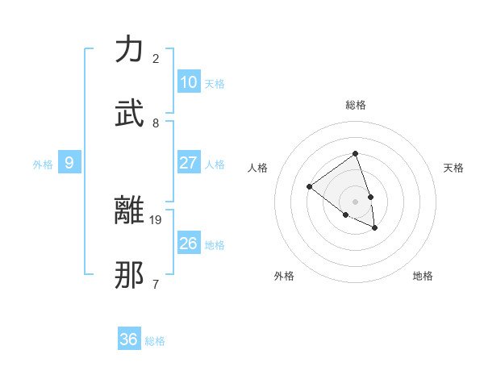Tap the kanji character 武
130,114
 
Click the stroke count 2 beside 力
156,59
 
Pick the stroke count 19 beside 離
156,219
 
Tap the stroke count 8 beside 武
156,123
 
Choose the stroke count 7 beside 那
156,284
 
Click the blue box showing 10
189,82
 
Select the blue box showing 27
189,163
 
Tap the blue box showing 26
189,244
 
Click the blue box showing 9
69,163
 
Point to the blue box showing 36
129,339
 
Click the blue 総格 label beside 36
155,341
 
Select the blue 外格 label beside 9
43,165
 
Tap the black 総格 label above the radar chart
355,105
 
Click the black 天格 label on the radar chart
453,168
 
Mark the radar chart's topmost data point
355,153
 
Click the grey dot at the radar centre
355,201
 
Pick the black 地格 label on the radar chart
423,276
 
